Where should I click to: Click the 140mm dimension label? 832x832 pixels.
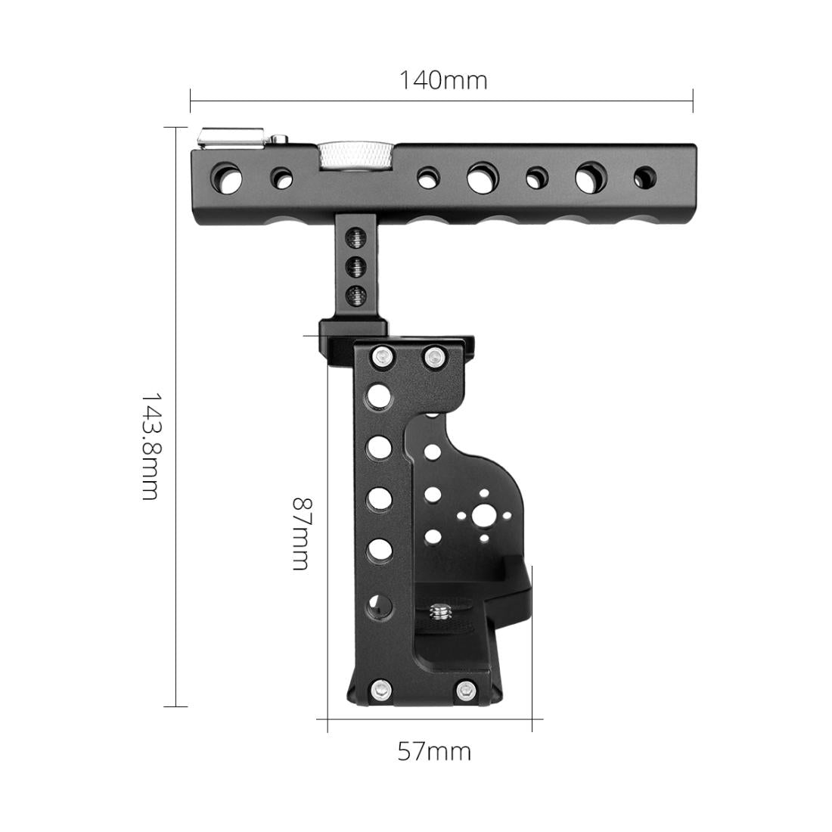pyautogui.click(x=443, y=80)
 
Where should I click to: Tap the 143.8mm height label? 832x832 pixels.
pyautogui.click(x=150, y=445)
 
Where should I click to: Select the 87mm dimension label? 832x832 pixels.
pyautogui.click(x=301, y=533)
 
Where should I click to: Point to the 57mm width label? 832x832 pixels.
pyautogui.click(x=434, y=751)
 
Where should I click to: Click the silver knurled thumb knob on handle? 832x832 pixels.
pyautogui.click(x=355, y=156)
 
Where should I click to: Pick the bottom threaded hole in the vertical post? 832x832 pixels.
pyautogui.click(x=355, y=294)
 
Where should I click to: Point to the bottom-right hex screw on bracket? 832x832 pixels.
pyautogui.click(x=467, y=689)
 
